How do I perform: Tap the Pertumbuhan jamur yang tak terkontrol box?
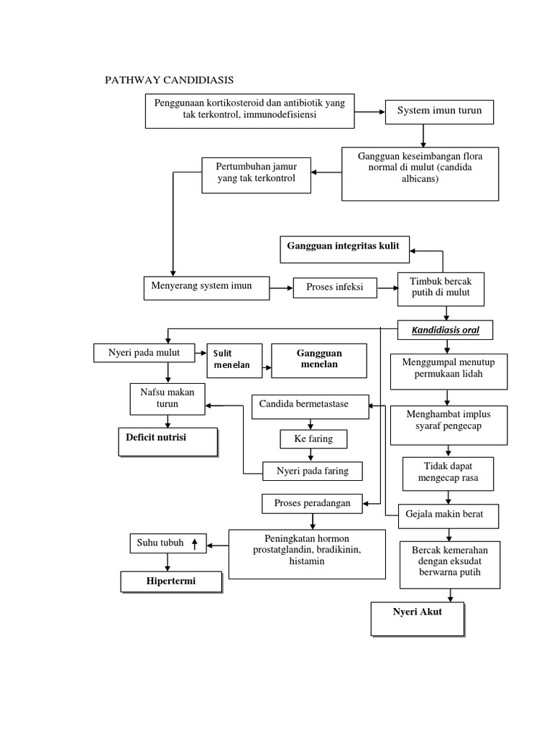click(257, 173)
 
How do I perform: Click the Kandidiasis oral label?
click(446, 331)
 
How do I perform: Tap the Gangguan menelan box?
click(319, 359)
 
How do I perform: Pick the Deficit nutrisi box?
click(167, 441)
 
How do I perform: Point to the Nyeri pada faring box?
click(313, 471)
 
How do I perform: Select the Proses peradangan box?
click(313, 503)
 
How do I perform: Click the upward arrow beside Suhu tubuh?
click(194, 543)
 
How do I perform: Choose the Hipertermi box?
click(171, 580)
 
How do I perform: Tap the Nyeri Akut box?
click(417, 618)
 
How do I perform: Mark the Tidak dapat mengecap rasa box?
click(448, 470)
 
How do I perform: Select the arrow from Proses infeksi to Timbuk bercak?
click(388, 288)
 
